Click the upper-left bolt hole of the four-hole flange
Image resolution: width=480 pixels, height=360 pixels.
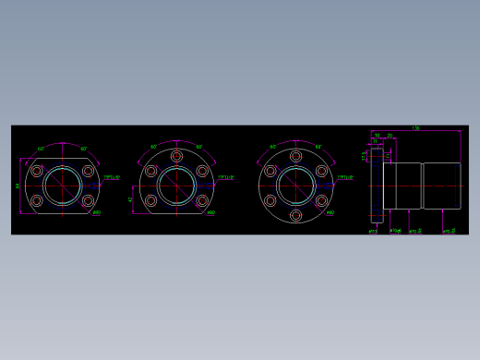pos(37,171)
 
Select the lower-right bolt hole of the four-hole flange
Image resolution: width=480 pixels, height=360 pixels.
pos(89,199)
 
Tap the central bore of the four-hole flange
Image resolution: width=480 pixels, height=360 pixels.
pos(63,185)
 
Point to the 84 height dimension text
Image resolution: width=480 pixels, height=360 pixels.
pos(18,186)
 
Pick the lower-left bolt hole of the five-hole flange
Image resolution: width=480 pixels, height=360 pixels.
pos(150,199)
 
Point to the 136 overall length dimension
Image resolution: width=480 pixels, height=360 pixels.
pos(415,128)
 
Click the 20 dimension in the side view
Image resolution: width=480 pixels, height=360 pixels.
pos(390,136)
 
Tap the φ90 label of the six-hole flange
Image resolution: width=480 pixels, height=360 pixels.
pos(330,212)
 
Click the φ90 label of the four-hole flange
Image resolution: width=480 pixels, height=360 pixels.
pos(97,212)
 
